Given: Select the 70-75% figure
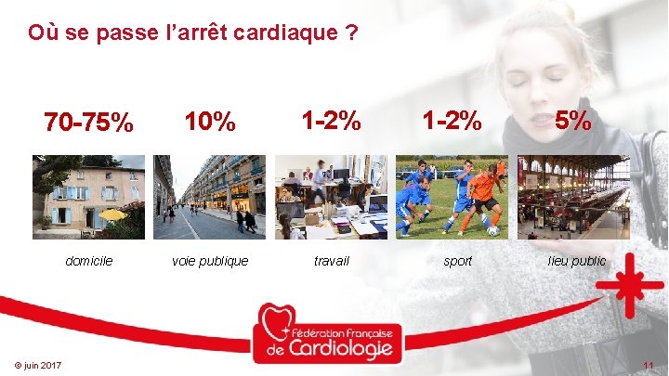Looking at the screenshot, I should click(89, 123).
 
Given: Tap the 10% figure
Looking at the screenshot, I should click(210, 122).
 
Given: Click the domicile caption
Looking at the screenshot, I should click(89, 261).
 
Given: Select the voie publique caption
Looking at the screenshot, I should click(210, 261).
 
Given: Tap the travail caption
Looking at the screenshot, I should click(331, 261).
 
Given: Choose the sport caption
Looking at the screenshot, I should click(457, 261).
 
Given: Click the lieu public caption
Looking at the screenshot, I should click(576, 261).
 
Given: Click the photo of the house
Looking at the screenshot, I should click(89, 197).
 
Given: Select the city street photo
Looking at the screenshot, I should click(210, 197).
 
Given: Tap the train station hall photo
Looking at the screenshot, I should click(573, 197).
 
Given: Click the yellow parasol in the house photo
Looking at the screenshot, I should click(112, 214).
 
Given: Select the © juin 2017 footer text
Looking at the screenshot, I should click(38, 365).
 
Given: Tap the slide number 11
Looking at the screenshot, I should click(647, 365).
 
